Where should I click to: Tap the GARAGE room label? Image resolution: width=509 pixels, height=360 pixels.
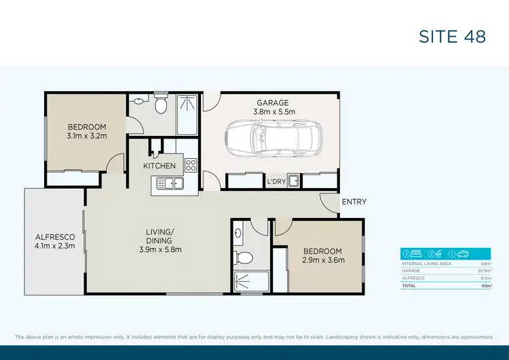(273, 103)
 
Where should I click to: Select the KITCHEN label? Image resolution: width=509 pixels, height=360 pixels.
(159, 166)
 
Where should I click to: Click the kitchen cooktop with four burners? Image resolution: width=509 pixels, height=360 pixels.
(191, 165)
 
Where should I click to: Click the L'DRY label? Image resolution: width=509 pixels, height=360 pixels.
(276, 182)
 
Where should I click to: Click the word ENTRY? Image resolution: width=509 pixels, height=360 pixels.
(354, 202)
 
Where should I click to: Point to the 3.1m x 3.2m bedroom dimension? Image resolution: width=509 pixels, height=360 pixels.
(87, 136)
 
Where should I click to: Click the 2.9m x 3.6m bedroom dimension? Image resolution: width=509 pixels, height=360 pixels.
(324, 259)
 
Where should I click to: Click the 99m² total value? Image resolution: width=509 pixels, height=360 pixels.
(485, 287)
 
